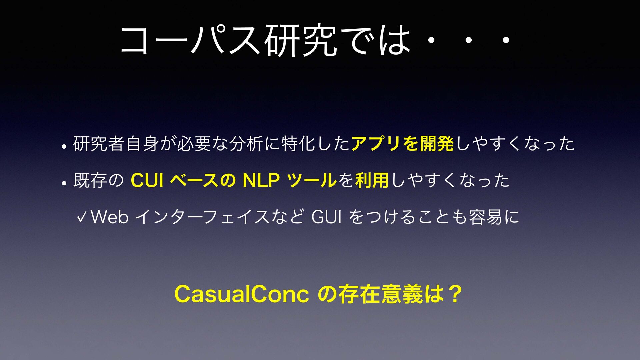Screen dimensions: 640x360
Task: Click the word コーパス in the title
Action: (x=190, y=40)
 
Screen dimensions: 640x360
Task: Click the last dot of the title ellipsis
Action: (x=506, y=40)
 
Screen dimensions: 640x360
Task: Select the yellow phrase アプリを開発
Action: (x=402, y=144)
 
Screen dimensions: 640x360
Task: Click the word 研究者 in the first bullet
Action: (x=99, y=144)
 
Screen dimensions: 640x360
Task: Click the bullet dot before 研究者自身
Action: (x=64, y=146)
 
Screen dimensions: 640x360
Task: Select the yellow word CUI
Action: (x=147, y=180)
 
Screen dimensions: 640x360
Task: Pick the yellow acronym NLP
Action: (x=261, y=180)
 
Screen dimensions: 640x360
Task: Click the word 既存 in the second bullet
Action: (x=90, y=180)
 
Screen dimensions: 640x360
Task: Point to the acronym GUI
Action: (x=326, y=217)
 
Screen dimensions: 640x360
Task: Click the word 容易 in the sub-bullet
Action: (x=486, y=217)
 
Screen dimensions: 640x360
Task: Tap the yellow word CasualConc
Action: (x=242, y=294)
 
